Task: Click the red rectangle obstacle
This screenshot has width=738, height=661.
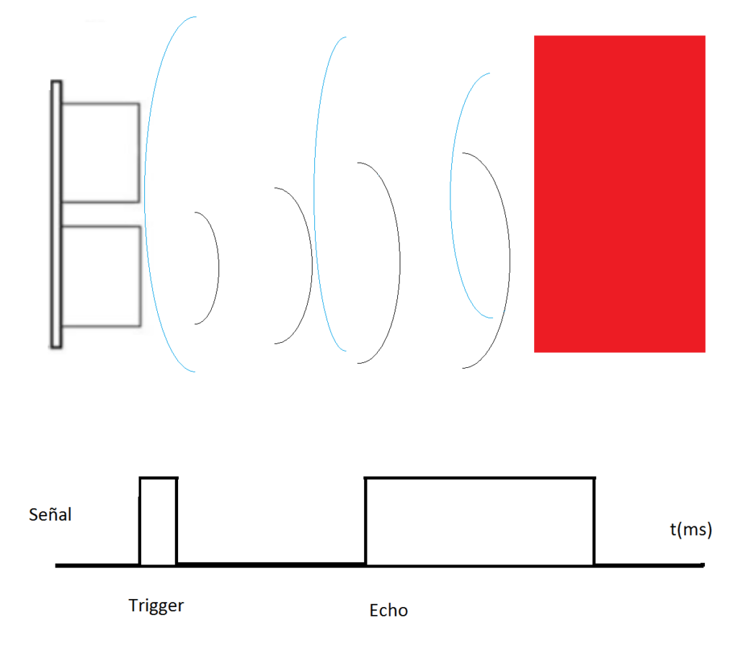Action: tap(619, 194)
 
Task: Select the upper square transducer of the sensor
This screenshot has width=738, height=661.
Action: tap(99, 152)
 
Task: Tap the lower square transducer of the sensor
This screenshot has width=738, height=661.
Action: tap(99, 276)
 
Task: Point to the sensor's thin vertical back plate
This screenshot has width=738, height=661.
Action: tap(55, 215)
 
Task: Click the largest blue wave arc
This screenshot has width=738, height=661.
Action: tap(146, 194)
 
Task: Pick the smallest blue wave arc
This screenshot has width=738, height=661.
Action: tap(450, 194)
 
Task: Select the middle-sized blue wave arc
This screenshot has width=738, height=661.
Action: tap(316, 194)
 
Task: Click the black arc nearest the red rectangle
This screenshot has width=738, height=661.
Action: tap(509, 259)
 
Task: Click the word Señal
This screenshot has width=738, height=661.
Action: tap(50, 515)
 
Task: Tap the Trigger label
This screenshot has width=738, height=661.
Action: tap(156, 606)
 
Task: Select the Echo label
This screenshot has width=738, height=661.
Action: tap(388, 611)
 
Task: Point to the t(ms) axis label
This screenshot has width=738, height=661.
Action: tap(690, 531)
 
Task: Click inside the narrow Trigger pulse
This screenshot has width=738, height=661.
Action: tap(158, 521)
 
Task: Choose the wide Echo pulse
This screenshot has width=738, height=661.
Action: tap(480, 521)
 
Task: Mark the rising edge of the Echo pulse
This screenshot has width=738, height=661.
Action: tap(366, 521)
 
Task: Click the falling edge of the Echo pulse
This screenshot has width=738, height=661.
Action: tap(594, 521)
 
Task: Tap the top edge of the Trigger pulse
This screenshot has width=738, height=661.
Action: tap(158, 477)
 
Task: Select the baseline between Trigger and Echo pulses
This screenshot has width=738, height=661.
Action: tap(271, 565)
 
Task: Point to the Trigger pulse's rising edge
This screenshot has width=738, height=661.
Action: tap(140, 521)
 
